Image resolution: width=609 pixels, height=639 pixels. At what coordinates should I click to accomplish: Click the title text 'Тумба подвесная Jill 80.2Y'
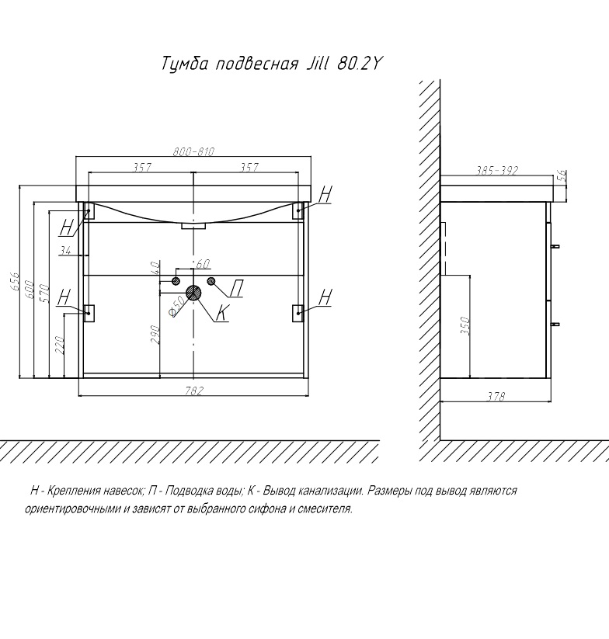(x=272, y=64)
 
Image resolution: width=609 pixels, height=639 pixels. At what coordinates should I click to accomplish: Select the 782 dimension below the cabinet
(x=194, y=391)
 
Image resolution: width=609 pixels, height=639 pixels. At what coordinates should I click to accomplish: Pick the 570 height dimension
(x=45, y=294)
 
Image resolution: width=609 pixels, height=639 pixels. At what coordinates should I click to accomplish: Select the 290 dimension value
(x=155, y=335)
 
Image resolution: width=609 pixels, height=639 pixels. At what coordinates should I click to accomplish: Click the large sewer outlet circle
(x=193, y=293)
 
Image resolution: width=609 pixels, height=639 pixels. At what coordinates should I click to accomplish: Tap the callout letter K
(x=221, y=314)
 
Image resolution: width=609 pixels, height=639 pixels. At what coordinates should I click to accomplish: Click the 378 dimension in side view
(x=496, y=397)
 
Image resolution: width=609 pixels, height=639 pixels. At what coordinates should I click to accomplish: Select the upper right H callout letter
(x=325, y=194)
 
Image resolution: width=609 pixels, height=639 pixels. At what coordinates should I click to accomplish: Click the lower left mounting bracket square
(x=89, y=312)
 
